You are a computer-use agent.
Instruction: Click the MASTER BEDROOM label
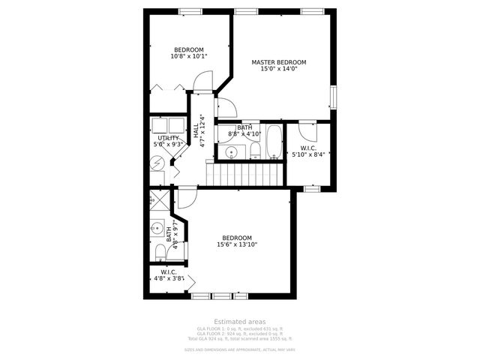pyautogui.click(x=279, y=62)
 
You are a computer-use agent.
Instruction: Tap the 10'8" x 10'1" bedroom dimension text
pyautogui.click(x=189, y=56)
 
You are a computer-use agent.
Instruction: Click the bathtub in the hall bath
pyautogui.click(x=272, y=142)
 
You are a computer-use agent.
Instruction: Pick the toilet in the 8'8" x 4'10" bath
pyautogui.click(x=255, y=150)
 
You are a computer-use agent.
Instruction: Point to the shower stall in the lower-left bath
pyautogui.click(x=160, y=201)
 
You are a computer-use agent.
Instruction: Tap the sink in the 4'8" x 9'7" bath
pyautogui.click(x=158, y=227)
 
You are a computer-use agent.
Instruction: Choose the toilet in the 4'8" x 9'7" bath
pyautogui.click(x=160, y=250)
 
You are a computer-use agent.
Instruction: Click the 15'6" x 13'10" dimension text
pyautogui.click(x=237, y=244)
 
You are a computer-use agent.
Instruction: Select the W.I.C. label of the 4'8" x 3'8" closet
pyautogui.click(x=169, y=271)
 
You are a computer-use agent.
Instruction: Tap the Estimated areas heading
pyautogui.click(x=240, y=322)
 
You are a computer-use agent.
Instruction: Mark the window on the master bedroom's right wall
pyautogui.click(x=334, y=97)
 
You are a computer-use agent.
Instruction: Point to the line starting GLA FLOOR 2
pyautogui.click(x=240, y=334)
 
